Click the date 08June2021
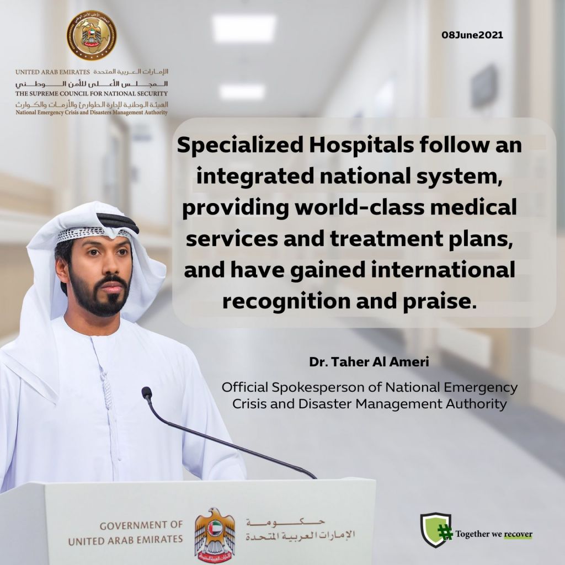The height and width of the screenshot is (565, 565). point(472,35)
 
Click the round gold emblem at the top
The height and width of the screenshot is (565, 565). point(92,35)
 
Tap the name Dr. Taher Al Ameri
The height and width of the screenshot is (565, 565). point(369,362)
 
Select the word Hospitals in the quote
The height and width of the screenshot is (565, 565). point(361,146)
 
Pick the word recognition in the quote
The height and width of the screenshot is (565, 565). point(286,302)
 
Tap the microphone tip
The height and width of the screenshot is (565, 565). point(146,392)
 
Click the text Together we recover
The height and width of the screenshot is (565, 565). point(494,534)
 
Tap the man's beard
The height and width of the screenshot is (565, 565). point(99,296)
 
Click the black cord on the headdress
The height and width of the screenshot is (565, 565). point(118,222)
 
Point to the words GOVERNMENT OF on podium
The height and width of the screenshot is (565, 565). point(141,526)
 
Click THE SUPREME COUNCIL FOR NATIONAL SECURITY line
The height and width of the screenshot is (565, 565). point(92,94)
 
